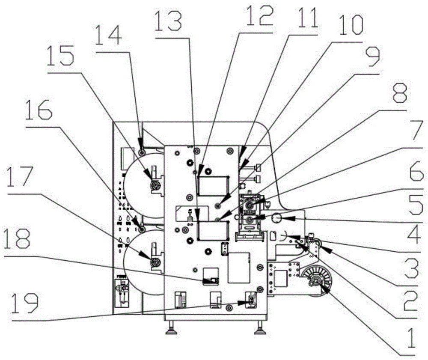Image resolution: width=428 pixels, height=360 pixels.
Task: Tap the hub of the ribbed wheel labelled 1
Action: point(315,281)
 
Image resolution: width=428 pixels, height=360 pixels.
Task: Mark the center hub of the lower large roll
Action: point(155,262)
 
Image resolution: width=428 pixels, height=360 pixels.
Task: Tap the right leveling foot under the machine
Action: point(259,330)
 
